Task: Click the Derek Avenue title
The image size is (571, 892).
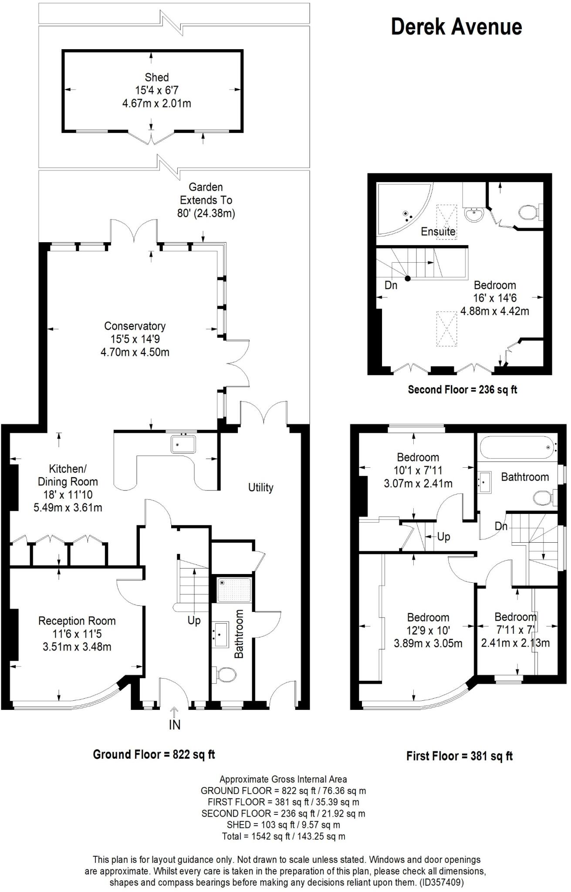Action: [456, 27]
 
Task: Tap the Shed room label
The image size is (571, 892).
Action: [156, 78]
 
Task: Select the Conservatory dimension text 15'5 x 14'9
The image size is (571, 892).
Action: [135, 339]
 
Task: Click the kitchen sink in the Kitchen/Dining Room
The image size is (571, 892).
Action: [183, 444]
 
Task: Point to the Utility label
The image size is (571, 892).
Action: [260, 487]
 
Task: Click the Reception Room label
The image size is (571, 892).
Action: [77, 621]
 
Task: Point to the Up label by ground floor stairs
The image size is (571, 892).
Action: [194, 620]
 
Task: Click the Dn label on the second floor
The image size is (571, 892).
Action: [391, 286]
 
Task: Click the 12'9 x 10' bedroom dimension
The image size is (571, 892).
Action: [428, 630]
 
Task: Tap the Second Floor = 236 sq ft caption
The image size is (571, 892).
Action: [462, 389]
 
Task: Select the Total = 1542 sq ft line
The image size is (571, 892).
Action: [283, 836]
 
